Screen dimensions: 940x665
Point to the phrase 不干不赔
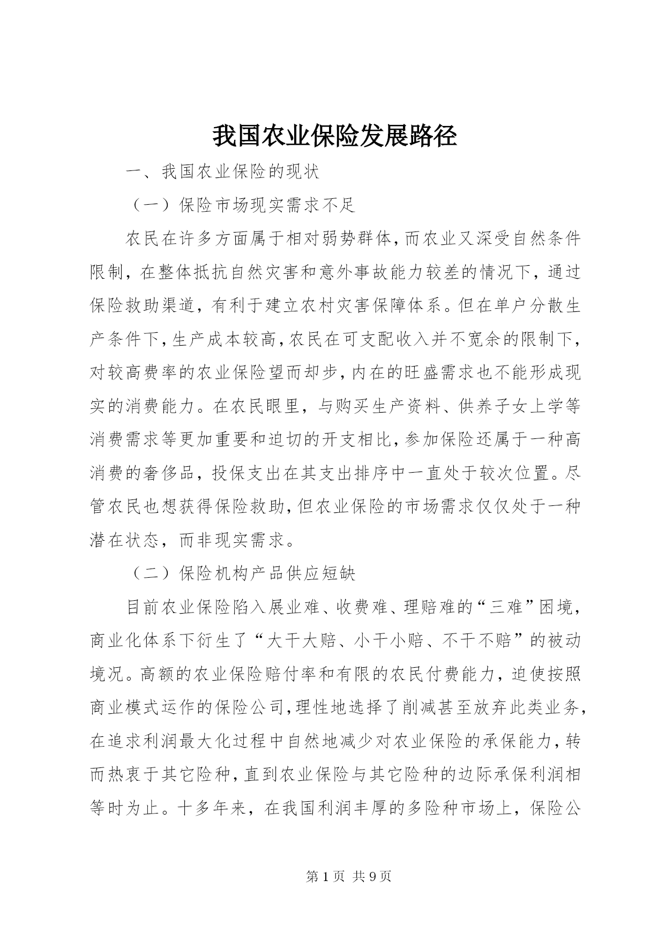tap(475, 640)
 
